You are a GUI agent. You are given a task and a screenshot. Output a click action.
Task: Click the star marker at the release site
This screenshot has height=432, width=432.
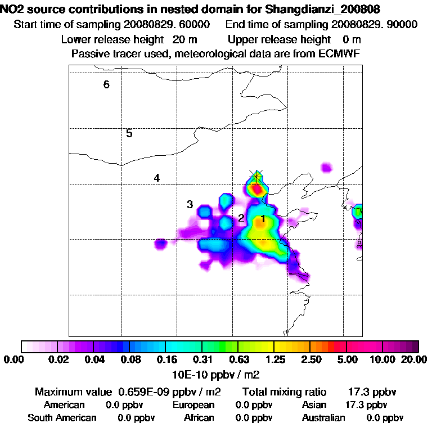tap(256, 176)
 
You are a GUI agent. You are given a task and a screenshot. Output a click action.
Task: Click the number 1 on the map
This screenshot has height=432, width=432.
tap(262, 218)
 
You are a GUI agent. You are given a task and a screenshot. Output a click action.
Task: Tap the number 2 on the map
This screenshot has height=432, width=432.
tap(241, 218)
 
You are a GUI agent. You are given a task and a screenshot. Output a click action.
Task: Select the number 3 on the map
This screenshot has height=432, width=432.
tap(190, 204)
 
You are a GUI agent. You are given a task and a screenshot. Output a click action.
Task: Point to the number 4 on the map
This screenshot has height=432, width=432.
tap(157, 178)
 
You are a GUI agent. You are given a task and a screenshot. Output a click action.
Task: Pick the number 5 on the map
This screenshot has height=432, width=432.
tap(129, 134)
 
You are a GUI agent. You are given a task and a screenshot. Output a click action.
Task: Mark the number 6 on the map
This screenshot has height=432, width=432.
tap(106, 85)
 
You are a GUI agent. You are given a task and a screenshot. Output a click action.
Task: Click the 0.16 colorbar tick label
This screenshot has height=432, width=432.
tap(166, 359)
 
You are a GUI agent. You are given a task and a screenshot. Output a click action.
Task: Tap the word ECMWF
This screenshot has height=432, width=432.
tap(341, 53)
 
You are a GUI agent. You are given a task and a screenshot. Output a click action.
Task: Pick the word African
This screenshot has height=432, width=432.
tap(199, 418)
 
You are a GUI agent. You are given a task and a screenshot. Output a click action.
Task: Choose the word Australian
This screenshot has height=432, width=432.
tap(323, 418)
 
